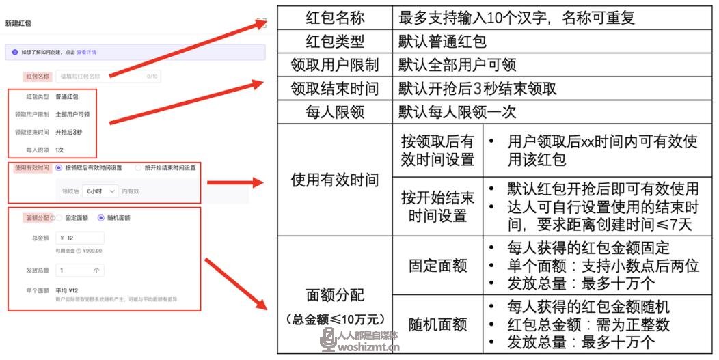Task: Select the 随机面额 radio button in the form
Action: pos(100,218)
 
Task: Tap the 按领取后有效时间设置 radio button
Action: pos(59,167)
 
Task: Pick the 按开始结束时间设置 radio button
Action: pos(139,167)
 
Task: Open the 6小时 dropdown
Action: pos(100,191)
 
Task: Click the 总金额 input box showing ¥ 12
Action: pos(80,238)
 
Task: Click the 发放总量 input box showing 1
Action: pos(80,271)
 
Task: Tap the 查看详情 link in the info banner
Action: pos(86,52)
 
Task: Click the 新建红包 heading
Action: pos(18,23)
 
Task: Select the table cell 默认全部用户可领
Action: pos(457,65)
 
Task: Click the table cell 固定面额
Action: pos(437,264)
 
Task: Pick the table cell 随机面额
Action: pos(437,324)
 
